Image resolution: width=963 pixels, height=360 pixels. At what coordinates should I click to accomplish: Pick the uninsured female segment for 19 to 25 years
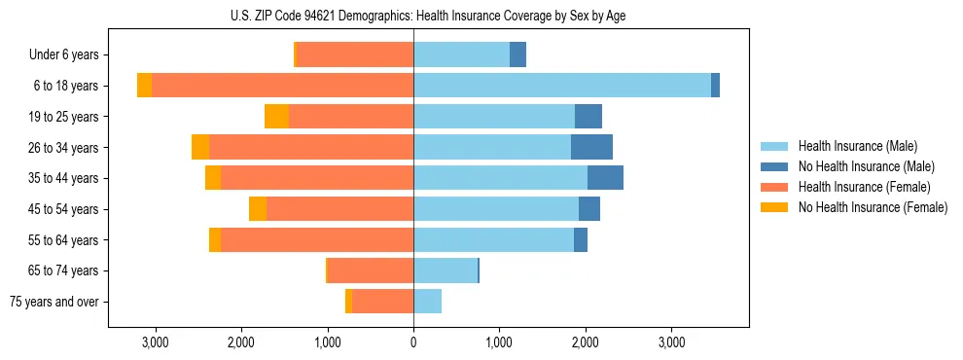pyautogui.click(x=276, y=117)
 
